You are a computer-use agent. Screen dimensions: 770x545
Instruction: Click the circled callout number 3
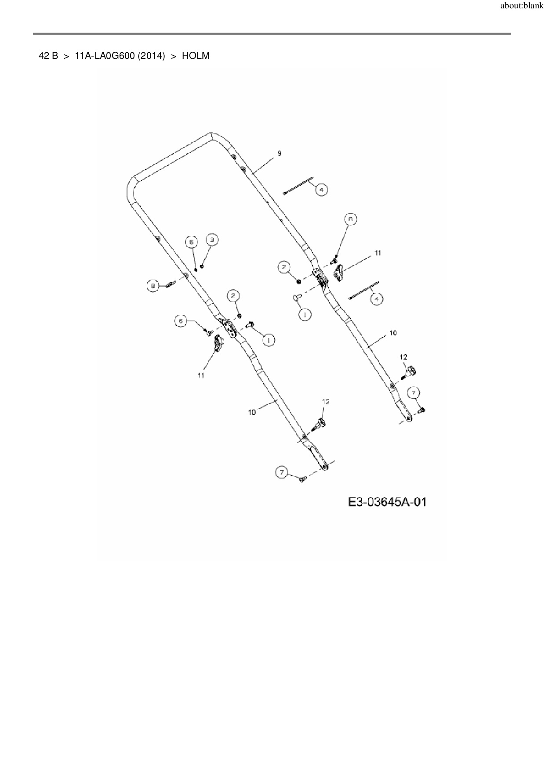212,240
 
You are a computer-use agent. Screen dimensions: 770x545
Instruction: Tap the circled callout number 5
191,242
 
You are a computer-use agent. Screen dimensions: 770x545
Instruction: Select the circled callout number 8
153,286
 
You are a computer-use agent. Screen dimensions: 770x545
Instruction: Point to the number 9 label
280,153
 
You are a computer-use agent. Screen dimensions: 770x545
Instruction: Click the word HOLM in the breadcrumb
196,56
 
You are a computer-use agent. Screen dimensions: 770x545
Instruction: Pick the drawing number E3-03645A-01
387,502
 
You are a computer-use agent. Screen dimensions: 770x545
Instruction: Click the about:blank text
522,7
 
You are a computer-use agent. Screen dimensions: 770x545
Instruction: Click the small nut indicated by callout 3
202,266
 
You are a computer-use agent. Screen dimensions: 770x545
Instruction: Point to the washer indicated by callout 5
196,269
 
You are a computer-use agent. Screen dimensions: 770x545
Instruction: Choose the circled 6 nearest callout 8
181,321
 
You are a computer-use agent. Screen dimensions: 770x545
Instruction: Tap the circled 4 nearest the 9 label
321,190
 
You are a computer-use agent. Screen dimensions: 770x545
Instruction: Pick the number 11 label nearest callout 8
201,375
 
